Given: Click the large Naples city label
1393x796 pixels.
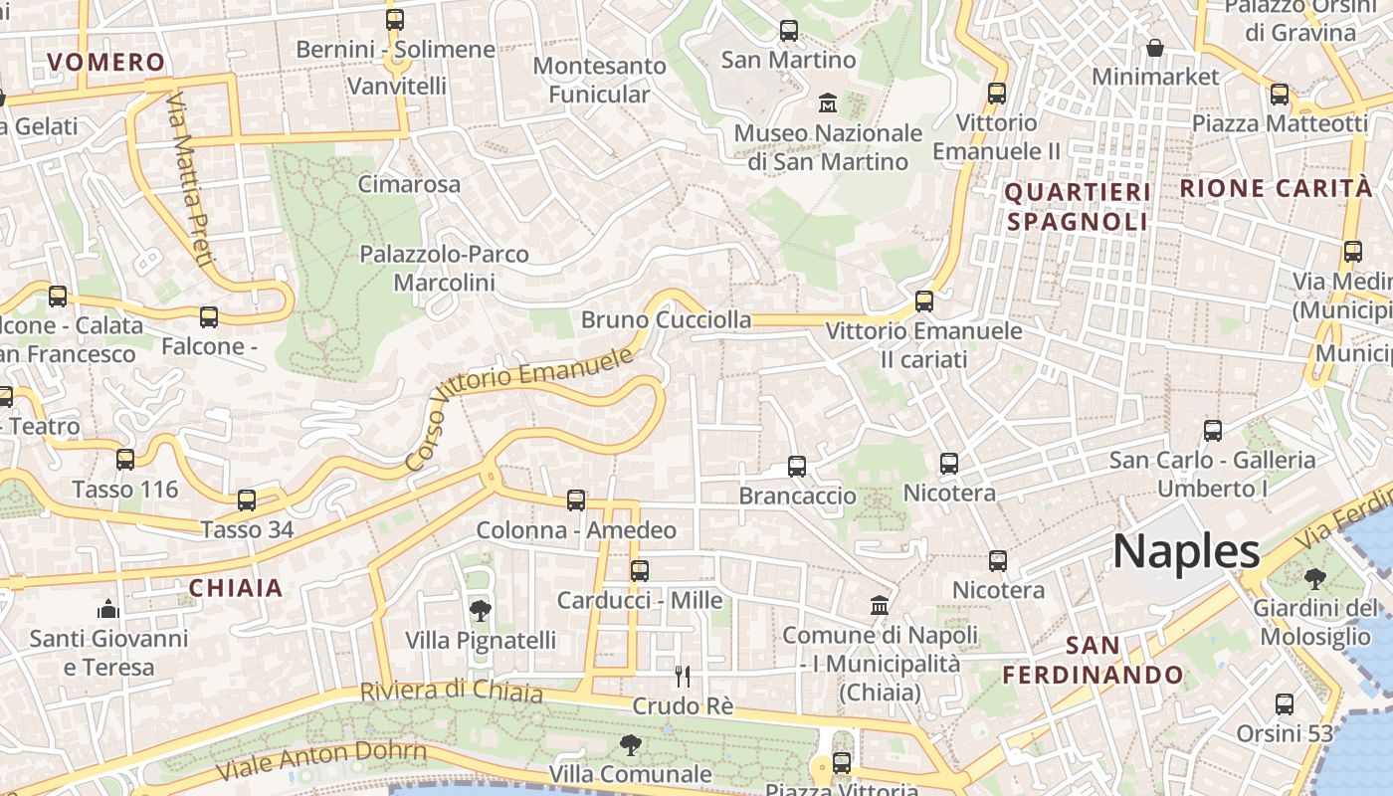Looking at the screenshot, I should (1186, 551).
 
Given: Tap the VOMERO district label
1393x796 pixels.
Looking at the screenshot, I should (105, 62).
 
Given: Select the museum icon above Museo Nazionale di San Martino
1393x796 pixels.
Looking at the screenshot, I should (827, 102).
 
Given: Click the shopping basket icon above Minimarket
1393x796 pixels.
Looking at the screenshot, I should (1155, 47).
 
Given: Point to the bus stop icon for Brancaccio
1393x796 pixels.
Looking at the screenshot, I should (796, 466).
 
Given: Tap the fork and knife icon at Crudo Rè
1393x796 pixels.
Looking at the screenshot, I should (683, 677).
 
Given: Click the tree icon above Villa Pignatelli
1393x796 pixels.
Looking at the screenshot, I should (480, 610).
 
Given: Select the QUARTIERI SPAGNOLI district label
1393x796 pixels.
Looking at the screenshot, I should (1078, 206).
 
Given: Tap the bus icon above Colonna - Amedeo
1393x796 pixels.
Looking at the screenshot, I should (575, 500).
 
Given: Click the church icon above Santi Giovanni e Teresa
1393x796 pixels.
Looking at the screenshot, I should (108, 609).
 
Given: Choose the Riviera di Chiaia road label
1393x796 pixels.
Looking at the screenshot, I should (451, 691).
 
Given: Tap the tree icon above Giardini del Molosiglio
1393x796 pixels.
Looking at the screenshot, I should (1313, 578).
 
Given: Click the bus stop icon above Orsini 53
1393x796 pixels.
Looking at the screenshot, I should (1284, 704).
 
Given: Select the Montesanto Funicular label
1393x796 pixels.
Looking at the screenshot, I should (599, 80).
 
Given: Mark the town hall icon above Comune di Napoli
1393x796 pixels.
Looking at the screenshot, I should (880, 605).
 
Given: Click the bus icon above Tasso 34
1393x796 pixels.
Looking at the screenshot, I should (246, 500).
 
